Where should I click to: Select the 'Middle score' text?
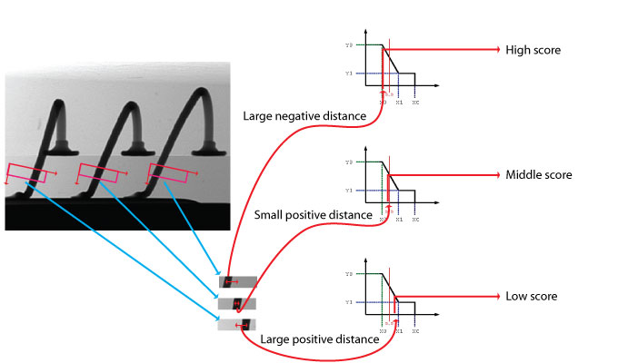538,174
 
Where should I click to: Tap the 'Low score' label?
532,297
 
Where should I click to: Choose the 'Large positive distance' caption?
319,339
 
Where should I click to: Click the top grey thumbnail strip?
237,282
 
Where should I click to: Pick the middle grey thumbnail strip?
237,303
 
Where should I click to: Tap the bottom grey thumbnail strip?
237,325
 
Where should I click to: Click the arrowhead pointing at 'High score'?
496,50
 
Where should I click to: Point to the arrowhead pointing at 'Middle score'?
496,174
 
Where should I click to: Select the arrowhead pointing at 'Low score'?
496,297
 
